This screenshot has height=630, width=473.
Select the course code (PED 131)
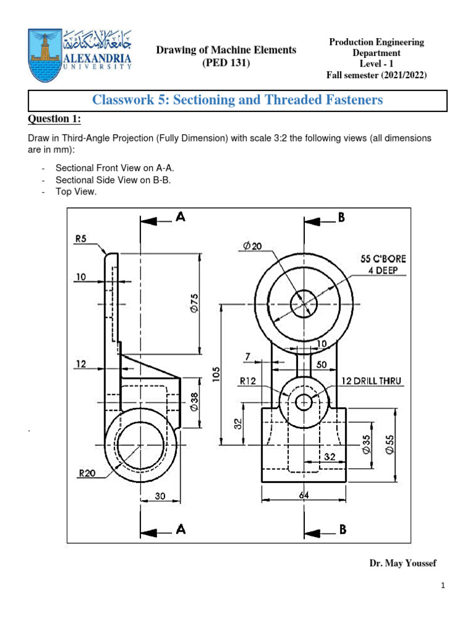click(x=225, y=63)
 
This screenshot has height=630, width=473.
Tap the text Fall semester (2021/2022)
click(x=376, y=75)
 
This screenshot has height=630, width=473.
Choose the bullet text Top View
click(x=76, y=192)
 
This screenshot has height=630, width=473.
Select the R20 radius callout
click(x=87, y=474)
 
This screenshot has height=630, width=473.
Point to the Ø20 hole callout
click(x=252, y=246)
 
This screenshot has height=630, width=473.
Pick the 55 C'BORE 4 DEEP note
click(x=383, y=264)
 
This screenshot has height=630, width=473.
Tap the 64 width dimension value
click(x=304, y=495)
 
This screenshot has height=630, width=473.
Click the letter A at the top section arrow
click(x=180, y=217)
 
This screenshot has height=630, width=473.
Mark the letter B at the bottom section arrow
click(x=343, y=528)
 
